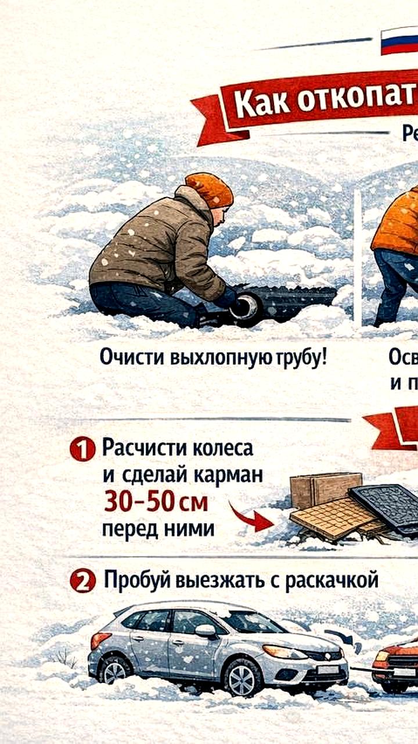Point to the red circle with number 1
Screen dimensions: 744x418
(82, 450)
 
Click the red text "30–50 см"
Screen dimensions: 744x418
(156, 502)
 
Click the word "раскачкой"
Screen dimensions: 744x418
(331, 580)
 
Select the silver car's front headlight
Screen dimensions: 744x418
(284, 652)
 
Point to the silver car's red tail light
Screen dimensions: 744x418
(100, 640)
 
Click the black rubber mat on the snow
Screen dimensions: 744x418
(386, 506)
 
